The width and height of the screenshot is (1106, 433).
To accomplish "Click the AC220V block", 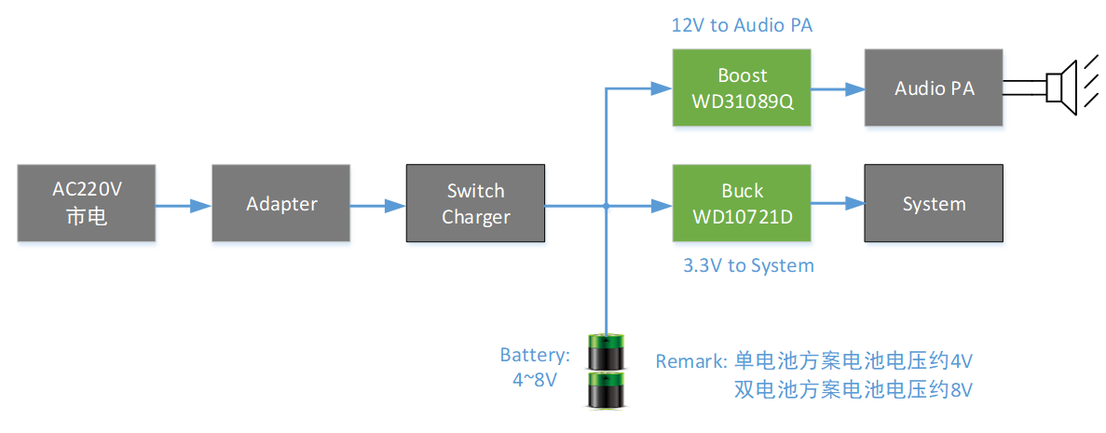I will (x=87, y=204).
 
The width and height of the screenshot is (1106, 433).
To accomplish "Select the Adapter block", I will (x=281, y=204).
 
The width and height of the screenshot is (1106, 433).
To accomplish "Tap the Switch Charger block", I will (x=475, y=204).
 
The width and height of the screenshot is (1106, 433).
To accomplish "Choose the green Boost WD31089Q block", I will (x=742, y=88).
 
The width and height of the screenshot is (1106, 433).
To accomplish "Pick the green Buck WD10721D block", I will (x=742, y=204).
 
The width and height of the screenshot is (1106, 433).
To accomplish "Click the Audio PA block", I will (x=934, y=88).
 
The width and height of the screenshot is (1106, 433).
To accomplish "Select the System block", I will (x=934, y=204).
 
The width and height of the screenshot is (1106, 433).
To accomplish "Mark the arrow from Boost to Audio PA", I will (x=838, y=89).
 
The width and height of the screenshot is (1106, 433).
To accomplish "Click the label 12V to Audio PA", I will (x=742, y=25).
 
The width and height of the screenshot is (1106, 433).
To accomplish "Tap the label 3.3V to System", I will (x=748, y=265).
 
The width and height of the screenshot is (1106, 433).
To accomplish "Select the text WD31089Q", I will (x=742, y=100).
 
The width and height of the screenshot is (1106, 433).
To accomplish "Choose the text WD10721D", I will (x=742, y=216).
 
